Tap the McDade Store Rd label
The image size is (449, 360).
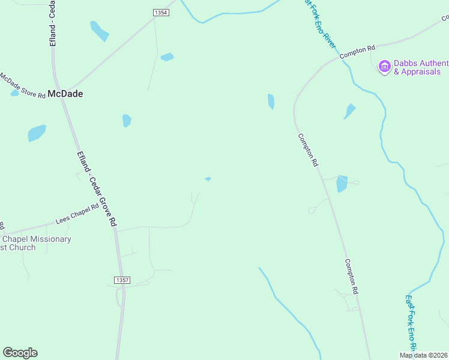click(x=22, y=85)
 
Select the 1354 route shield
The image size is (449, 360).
click(x=161, y=12)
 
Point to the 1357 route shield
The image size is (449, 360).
click(x=121, y=280)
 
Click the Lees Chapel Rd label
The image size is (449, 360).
click(x=77, y=214)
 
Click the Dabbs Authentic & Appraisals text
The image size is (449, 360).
click(x=420, y=67)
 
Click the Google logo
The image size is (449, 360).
click(x=20, y=353)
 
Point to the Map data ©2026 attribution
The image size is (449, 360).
click(x=423, y=355)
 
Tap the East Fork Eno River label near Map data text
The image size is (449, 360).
click(x=411, y=321)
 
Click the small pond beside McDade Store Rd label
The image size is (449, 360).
click(x=14, y=93)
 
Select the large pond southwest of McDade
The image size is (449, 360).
click(x=37, y=133)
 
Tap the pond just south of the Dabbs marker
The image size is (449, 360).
click(x=349, y=111)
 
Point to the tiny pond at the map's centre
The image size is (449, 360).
click(x=208, y=179)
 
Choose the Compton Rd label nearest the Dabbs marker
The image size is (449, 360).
click(x=357, y=52)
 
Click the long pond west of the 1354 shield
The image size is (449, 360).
click(x=99, y=31)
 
